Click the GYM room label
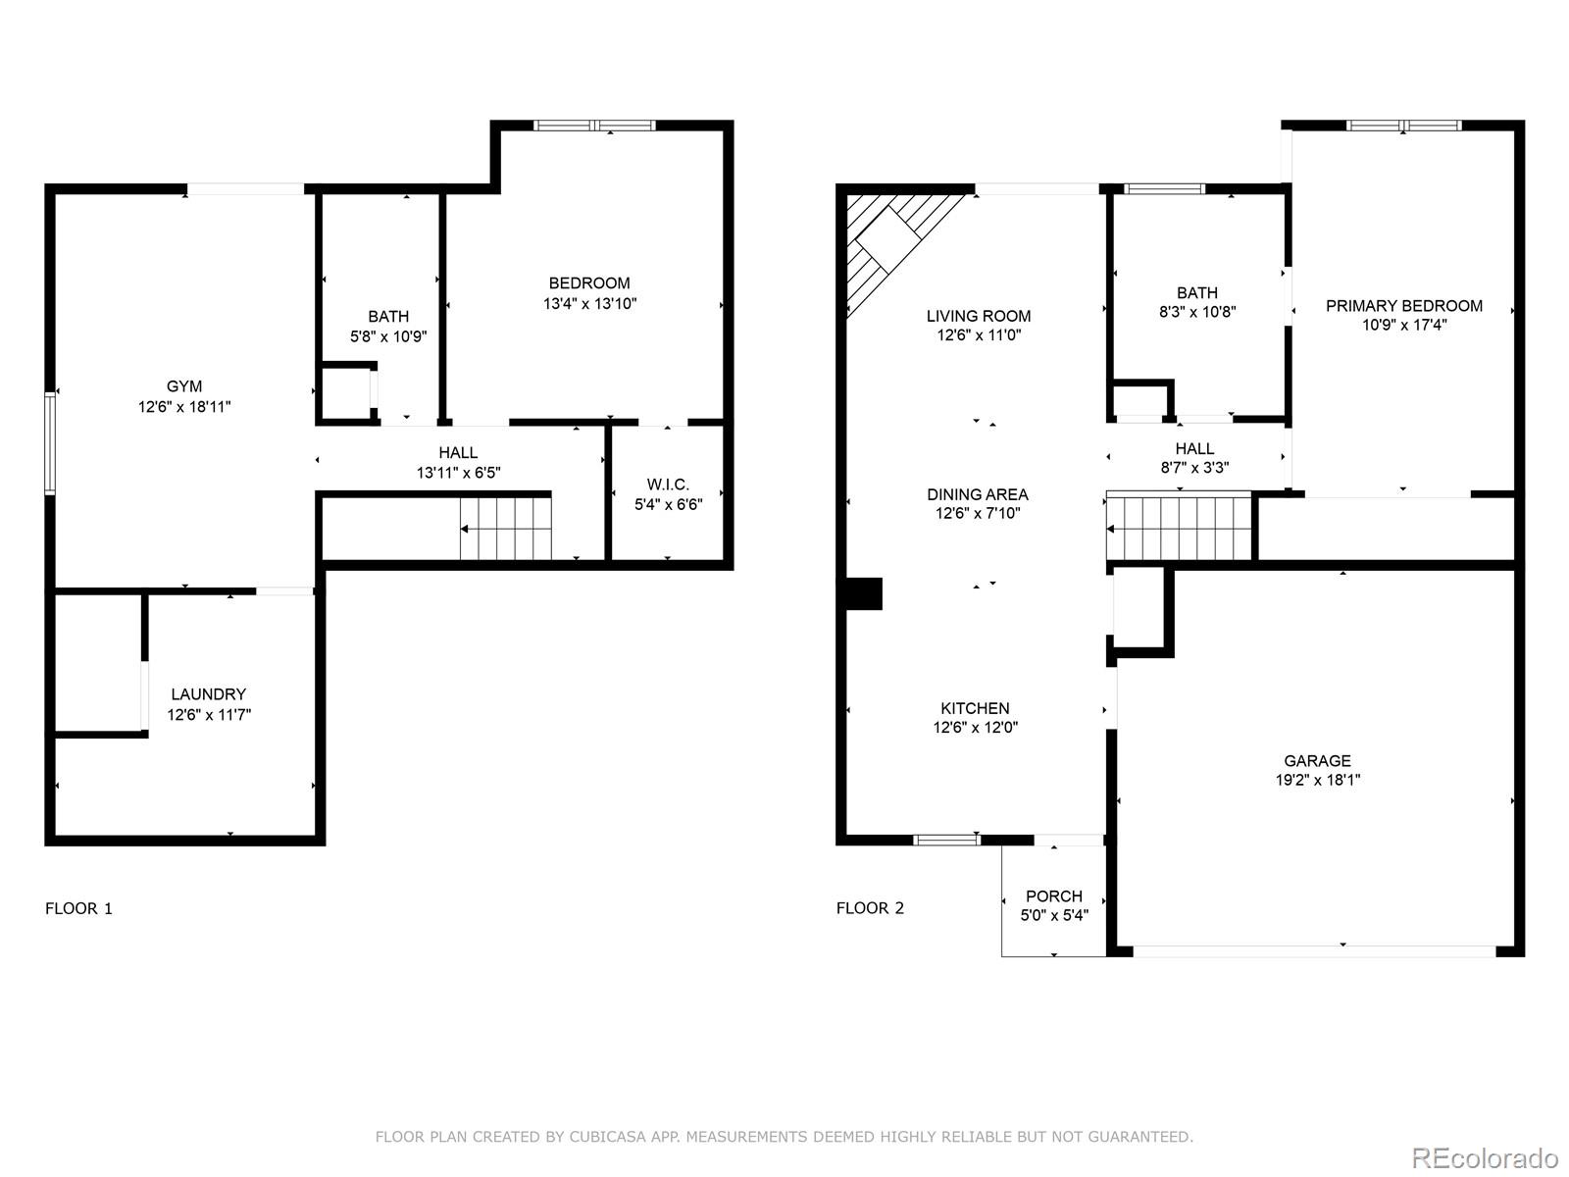(184, 386)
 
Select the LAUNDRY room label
(208, 694)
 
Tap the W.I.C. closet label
(668, 485)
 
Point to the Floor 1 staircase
(506, 529)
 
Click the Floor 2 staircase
(1181, 528)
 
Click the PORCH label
(1053, 896)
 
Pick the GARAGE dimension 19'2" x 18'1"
(1317, 781)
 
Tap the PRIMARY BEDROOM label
(1403, 306)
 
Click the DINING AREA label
(977, 494)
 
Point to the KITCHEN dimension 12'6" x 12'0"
(975, 728)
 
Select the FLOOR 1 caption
(78, 908)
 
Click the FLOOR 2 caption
(870, 908)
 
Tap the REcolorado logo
(1485, 1157)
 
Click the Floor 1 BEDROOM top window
(594, 126)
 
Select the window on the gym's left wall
(50, 442)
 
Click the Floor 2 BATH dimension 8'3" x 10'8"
(1196, 312)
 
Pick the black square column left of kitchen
(864, 594)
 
